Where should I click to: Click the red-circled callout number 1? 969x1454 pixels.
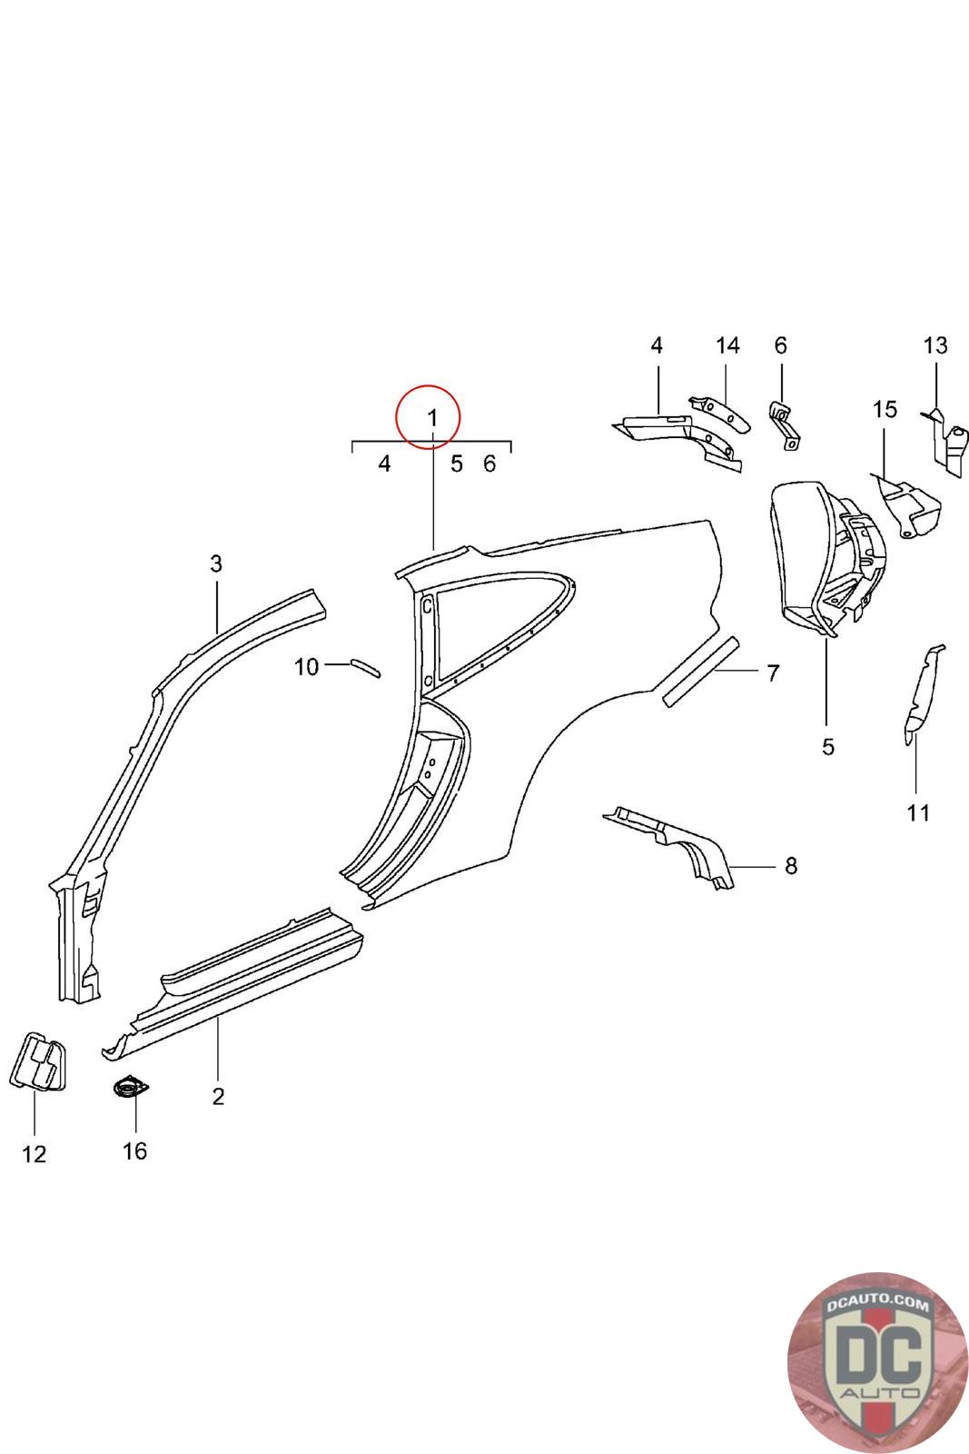click(432, 418)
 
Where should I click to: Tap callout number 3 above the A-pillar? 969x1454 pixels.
click(216, 563)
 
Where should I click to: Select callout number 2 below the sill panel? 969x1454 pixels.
click(218, 1096)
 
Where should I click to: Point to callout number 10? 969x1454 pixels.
click(306, 667)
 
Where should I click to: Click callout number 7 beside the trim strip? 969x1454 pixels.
click(773, 673)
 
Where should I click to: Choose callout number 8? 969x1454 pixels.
click(791, 865)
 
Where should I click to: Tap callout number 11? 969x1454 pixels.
click(918, 812)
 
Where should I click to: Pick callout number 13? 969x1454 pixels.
click(935, 345)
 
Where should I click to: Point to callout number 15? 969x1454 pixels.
click(885, 410)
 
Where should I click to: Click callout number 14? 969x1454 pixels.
click(727, 345)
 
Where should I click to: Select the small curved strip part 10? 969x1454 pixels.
click(366, 668)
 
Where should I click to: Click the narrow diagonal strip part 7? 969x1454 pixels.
click(700, 672)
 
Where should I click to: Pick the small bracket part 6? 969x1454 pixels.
click(785, 426)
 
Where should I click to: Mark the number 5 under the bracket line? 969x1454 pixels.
click(457, 463)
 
